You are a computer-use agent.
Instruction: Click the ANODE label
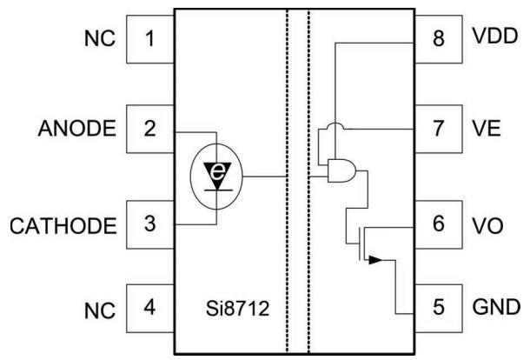pyautogui.click(x=77, y=129)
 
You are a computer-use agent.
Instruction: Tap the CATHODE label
pyautogui.click(x=63, y=226)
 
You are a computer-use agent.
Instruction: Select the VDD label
pyautogui.click(x=495, y=36)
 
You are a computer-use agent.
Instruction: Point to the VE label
pyautogui.click(x=487, y=129)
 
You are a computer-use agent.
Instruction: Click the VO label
pyautogui.click(x=487, y=226)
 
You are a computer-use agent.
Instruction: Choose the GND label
pyautogui.click(x=496, y=307)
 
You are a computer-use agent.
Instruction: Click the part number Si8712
pyautogui.click(x=237, y=308)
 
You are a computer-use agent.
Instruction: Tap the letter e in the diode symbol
pyautogui.click(x=217, y=172)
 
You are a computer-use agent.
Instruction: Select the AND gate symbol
pyautogui.click(x=341, y=170)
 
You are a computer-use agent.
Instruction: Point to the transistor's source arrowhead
pyautogui.click(x=375, y=260)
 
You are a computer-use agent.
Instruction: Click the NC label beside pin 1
pyautogui.click(x=100, y=38)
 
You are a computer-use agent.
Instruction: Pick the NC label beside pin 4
pyautogui.click(x=100, y=310)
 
